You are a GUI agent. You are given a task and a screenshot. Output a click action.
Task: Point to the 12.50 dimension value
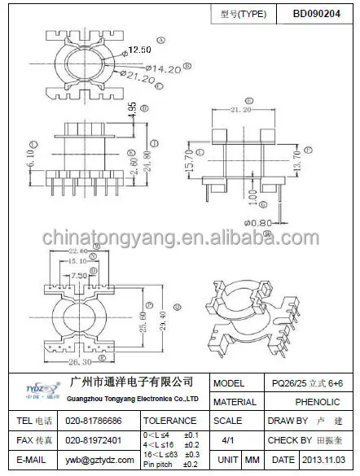coord(139,50)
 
